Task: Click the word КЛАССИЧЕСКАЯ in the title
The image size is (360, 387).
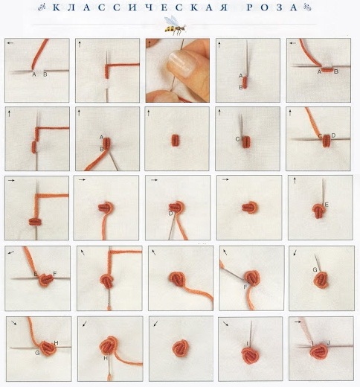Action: tap(140, 7)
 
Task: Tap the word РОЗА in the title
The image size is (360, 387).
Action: tap(272, 7)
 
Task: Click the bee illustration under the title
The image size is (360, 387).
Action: tap(176, 25)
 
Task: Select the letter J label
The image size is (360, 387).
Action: tap(328, 343)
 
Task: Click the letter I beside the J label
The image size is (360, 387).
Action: tap(312, 343)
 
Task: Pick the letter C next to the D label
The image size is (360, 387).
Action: tap(320, 136)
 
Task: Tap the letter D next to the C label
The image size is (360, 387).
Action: tap(333, 135)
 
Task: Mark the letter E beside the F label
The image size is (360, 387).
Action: tap(36, 274)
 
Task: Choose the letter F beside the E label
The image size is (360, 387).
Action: tap(55, 274)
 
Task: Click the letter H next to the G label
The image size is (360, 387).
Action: tap(56, 343)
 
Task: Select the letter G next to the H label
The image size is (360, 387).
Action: tap(37, 353)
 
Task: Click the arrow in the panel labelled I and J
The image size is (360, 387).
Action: tap(298, 322)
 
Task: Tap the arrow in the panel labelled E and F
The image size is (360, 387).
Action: tap(11, 252)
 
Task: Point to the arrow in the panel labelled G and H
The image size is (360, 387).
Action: tap(14, 322)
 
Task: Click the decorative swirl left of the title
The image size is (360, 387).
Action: tap(42, 7)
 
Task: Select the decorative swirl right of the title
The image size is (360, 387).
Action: tap(307, 7)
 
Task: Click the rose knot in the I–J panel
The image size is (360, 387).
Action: tap(318, 351)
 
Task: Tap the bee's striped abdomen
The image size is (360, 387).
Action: tap(170, 29)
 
